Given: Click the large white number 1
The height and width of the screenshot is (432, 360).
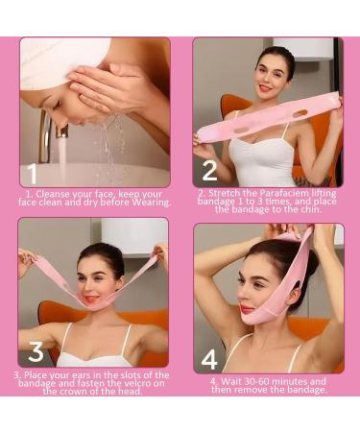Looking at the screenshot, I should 33,174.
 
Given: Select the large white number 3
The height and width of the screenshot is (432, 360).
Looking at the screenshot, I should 36,352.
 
